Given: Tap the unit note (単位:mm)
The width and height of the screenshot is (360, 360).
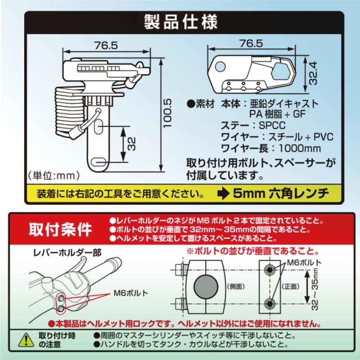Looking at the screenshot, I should (54, 174).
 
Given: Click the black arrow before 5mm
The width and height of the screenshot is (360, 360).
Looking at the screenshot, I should (224, 194).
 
